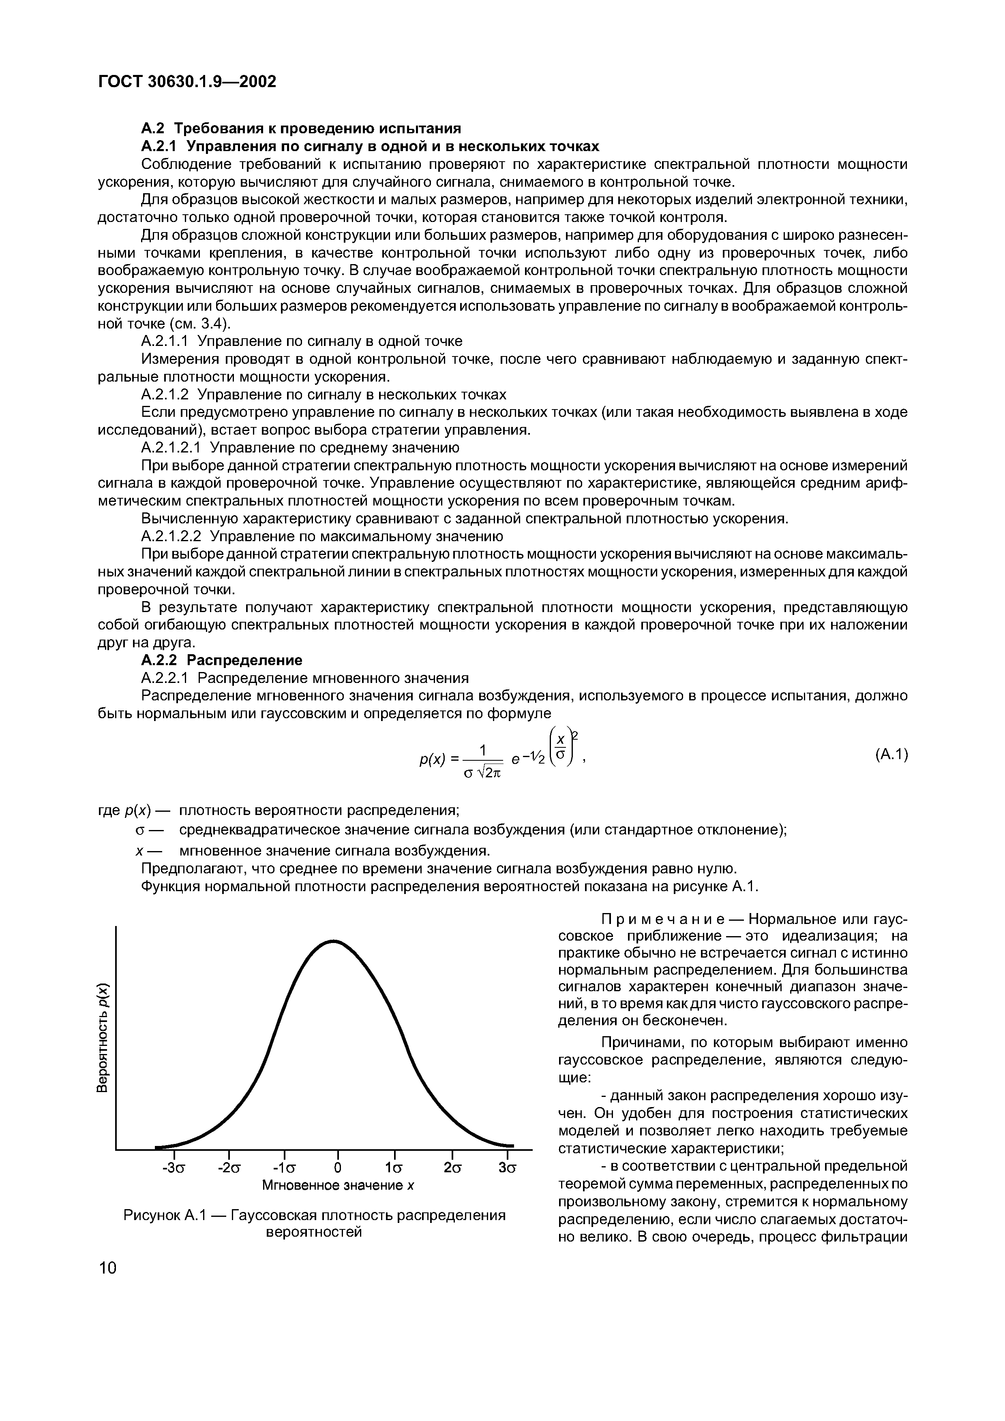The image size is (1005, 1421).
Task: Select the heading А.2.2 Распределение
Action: pos(222,660)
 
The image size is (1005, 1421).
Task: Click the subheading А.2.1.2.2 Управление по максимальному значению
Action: pos(322,536)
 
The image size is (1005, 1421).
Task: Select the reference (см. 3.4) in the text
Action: pos(201,324)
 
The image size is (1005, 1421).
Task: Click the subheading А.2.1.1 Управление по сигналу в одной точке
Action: pos(302,341)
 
